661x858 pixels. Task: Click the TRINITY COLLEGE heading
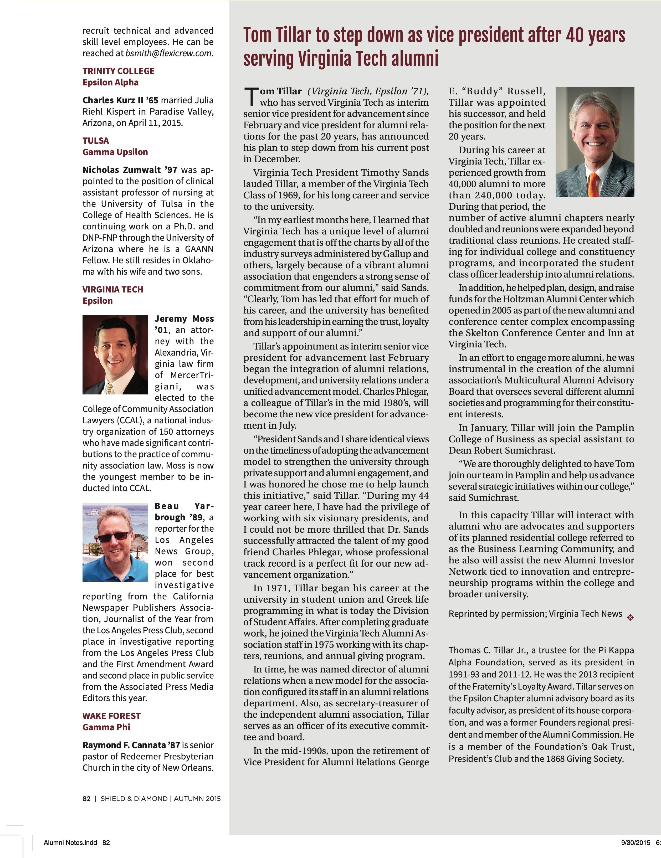point(118,71)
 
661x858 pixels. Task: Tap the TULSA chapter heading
point(95,141)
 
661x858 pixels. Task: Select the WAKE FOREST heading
point(111,716)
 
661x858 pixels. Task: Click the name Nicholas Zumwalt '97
point(130,170)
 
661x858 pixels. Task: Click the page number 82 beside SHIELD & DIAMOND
point(86,798)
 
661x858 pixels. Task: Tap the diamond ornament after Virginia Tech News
point(630,618)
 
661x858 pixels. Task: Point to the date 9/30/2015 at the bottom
point(636,842)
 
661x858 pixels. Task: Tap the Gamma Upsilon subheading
point(115,152)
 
